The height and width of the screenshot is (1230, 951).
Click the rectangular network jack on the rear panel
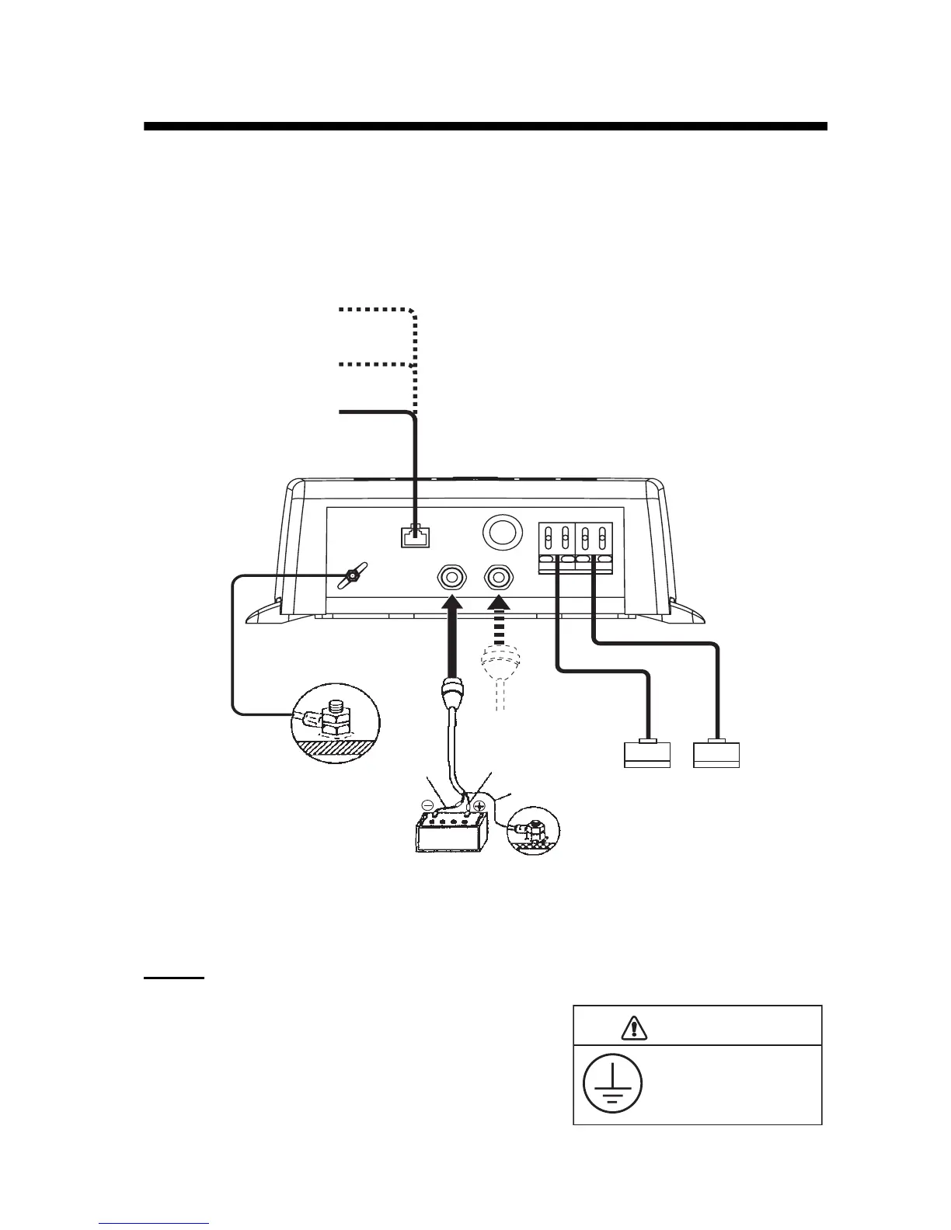tap(413, 536)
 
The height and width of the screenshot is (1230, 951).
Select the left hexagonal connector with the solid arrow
tap(451, 578)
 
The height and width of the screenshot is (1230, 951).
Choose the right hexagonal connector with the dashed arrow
tap(499, 578)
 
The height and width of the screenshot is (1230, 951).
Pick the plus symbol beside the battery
tap(480, 807)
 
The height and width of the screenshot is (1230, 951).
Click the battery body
tap(451, 836)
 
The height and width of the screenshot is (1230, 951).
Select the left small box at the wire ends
tap(647, 755)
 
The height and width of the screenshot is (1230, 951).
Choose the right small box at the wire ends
tap(716, 755)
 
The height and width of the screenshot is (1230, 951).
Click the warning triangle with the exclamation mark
tap(634, 1027)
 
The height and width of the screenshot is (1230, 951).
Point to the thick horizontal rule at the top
tap(485, 127)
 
